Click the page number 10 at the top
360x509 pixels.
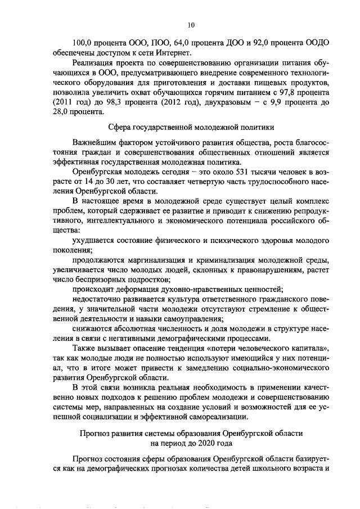point(191,25)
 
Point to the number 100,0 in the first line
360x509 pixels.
point(83,43)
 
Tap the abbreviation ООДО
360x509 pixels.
point(317,43)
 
